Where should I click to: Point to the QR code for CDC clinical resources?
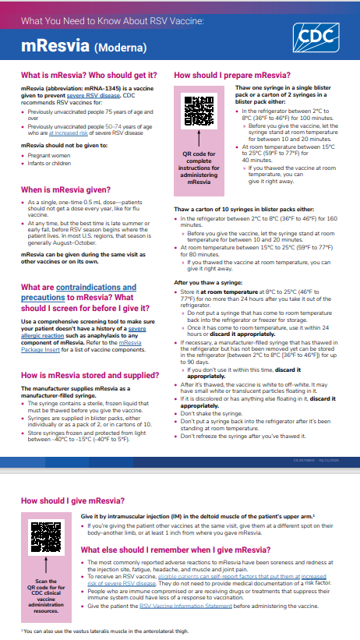46,538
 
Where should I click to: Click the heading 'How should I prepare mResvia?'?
232,76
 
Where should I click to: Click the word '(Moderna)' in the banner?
120,48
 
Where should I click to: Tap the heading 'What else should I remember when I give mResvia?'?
176,550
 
